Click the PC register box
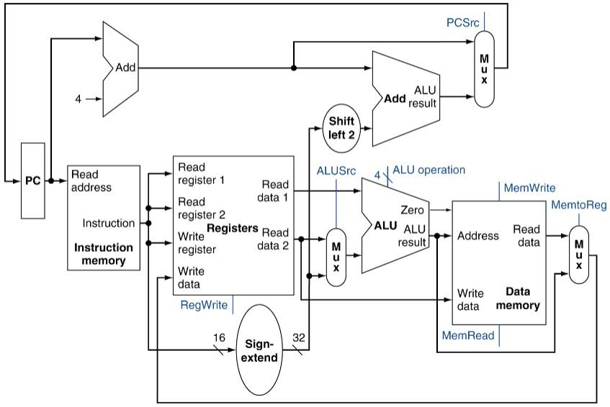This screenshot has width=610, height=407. (33, 180)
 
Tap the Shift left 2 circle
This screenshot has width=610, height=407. (342, 127)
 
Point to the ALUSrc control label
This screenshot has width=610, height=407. (336, 171)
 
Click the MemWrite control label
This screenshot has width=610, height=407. (529, 188)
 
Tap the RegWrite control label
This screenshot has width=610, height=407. (204, 305)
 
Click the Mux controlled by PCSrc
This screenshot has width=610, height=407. (484, 68)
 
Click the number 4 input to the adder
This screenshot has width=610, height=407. (78, 98)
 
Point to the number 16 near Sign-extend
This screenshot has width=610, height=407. (219, 337)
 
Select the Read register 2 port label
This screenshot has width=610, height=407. (201, 208)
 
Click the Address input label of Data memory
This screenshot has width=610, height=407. (478, 235)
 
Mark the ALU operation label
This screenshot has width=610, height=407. (429, 170)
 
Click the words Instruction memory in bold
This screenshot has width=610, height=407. (104, 254)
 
